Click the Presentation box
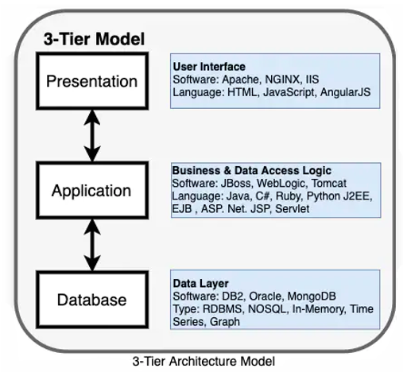pos(92,81)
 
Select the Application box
pos(92,190)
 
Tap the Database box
pos(92,300)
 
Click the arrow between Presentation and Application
pos(92,136)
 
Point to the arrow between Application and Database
pos(92,245)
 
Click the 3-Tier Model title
pos(94,39)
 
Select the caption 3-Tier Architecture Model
pos(204,361)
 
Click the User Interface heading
pos(209,67)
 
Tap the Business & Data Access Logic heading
pos(252,170)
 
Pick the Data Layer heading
pos(200,284)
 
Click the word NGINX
pos(282,79)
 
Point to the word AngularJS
pos(345,92)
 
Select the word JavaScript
pos(289,92)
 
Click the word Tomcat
pos(329,184)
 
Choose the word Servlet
pos(292,209)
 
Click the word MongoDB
pos(312,297)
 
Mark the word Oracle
pos(266,296)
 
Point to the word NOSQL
pos(267,309)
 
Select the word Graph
pos(225,322)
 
